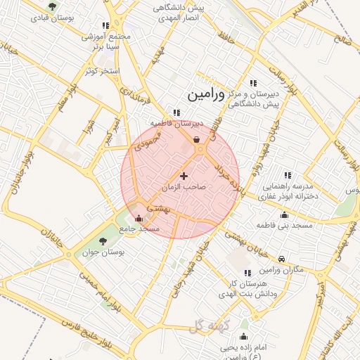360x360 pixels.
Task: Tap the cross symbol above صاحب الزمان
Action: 184,176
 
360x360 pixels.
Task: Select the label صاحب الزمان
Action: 185,188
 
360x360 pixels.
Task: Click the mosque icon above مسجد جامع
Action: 139,218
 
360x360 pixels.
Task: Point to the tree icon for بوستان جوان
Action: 103,241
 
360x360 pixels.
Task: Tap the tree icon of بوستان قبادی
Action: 53,6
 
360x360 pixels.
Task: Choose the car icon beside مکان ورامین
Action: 281,259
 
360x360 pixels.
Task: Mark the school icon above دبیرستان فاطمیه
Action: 176,112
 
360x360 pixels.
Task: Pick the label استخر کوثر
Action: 103,72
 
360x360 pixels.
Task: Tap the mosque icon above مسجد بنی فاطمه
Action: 284,215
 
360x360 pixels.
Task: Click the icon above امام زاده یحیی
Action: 244,336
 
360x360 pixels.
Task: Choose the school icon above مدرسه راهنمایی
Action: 287,175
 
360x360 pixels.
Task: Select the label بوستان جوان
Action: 102,252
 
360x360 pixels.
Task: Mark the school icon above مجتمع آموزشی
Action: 105,25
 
